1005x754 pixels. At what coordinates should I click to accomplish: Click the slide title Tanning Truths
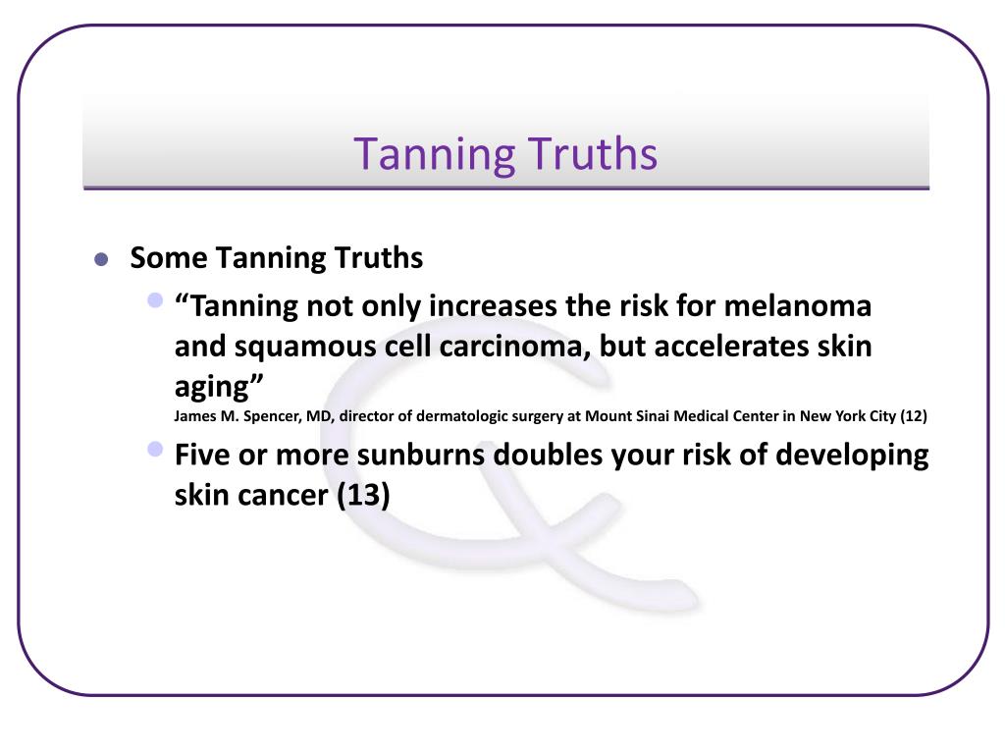[x=505, y=154]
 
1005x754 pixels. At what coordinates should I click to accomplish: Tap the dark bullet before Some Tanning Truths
[x=100, y=260]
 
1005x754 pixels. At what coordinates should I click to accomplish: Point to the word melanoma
[x=798, y=306]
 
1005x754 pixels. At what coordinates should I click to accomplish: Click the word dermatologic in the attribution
[x=457, y=415]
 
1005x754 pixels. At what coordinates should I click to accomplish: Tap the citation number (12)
[x=913, y=415]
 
